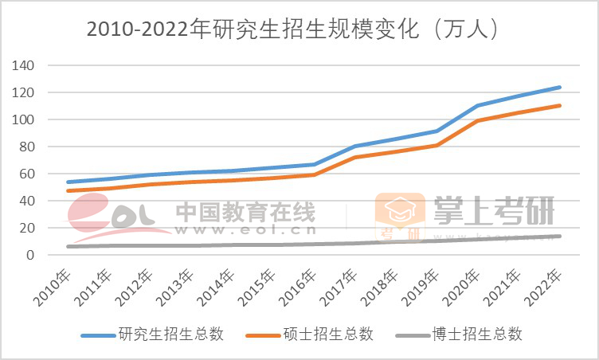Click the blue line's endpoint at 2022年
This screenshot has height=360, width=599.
pyautogui.click(x=560, y=88)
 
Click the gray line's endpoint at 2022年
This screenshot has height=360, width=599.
pyautogui.click(x=560, y=236)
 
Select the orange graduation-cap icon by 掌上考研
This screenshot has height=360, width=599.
pyautogui.click(x=401, y=210)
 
